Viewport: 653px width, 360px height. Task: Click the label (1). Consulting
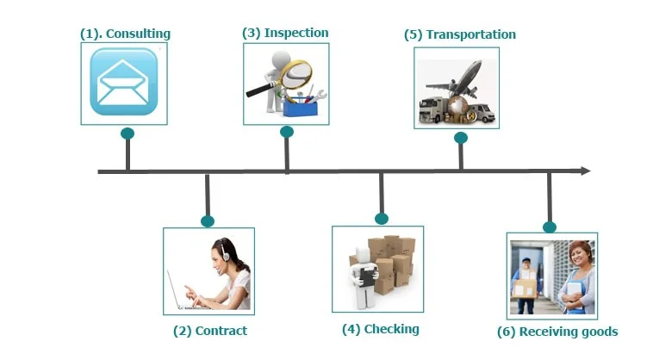pyautogui.click(x=125, y=34)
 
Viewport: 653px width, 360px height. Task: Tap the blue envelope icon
pyautogui.click(x=124, y=82)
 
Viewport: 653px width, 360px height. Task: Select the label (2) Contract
pyautogui.click(x=209, y=331)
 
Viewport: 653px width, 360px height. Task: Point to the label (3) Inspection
pyautogui.click(x=285, y=33)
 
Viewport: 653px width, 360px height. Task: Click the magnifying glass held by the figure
pyautogui.click(x=295, y=75)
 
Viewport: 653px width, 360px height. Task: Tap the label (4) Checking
pyautogui.click(x=380, y=329)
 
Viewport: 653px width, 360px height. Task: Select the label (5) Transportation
pyautogui.click(x=460, y=34)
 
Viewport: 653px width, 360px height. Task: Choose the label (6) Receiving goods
pyautogui.click(x=557, y=332)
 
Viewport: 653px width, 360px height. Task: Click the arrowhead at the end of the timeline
pyautogui.click(x=585, y=171)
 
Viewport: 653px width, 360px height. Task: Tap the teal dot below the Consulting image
pyautogui.click(x=127, y=133)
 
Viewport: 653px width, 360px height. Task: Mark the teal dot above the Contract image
pyautogui.click(x=207, y=220)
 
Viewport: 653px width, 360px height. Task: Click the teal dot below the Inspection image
pyautogui.click(x=287, y=132)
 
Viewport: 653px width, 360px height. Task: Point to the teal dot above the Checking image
pyautogui.click(x=381, y=219)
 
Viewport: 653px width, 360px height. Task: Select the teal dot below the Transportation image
pyautogui.click(x=461, y=138)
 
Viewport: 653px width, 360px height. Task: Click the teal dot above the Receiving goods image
pyautogui.click(x=550, y=227)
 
